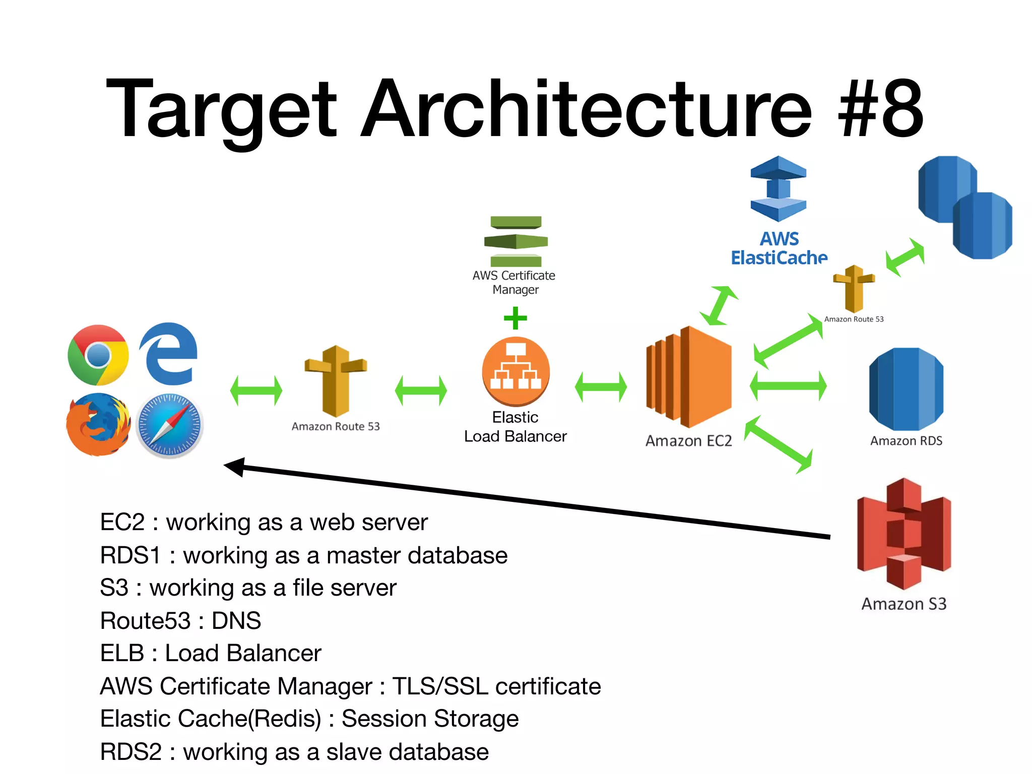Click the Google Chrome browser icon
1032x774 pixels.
[98, 355]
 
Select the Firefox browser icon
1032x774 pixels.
[98, 424]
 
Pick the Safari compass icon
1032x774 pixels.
[169, 425]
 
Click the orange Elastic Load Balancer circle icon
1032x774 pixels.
[515, 371]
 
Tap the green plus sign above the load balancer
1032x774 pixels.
[515, 318]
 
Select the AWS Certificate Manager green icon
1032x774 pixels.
[515, 241]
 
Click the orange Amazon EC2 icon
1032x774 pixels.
[688, 376]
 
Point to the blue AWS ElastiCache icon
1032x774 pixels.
[778, 188]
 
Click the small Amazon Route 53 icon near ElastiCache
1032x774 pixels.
[854, 288]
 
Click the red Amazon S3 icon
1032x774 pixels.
[904, 534]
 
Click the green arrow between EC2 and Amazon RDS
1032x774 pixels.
[788, 386]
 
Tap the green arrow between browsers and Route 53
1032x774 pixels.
[256, 391]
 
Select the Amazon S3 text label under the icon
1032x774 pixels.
[904, 604]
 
